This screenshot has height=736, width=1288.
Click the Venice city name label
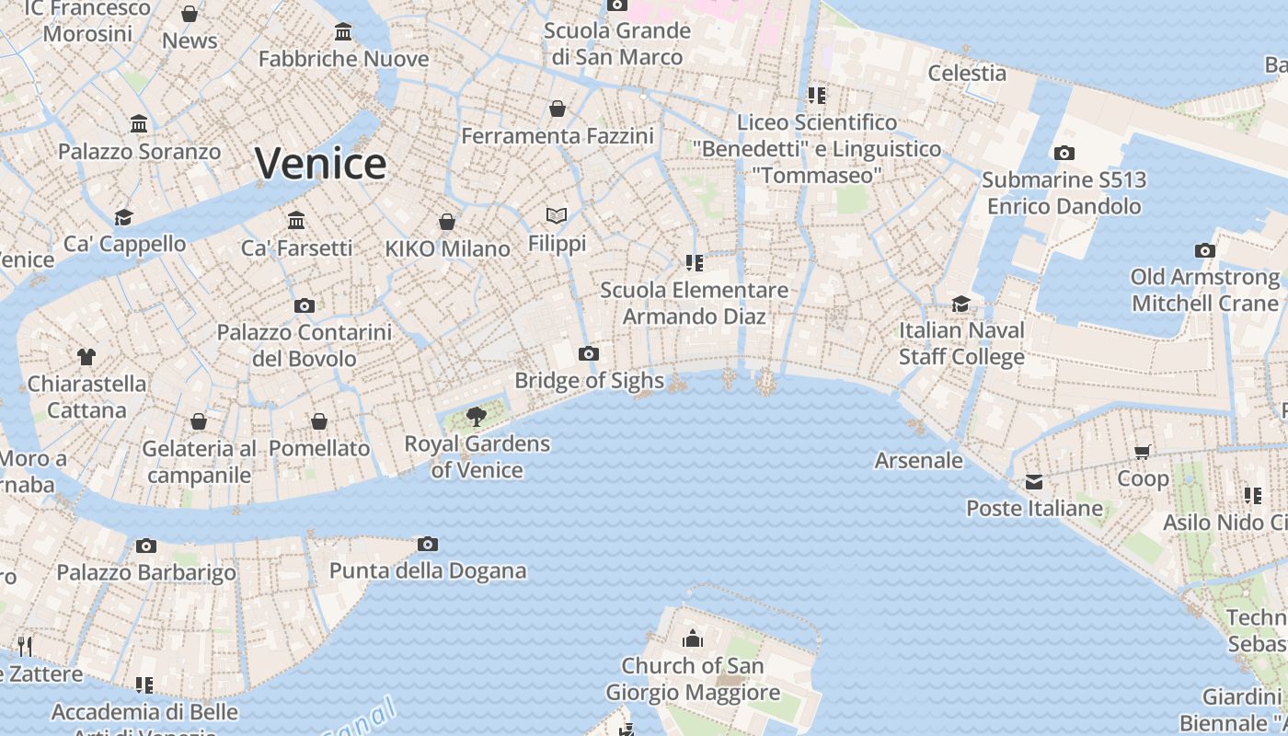(x=320, y=164)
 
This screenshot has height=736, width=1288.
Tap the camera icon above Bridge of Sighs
(x=589, y=353)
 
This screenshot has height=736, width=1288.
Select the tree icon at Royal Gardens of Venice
(x=477, y=417)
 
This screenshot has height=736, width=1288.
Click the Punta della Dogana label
(x=428, y=570)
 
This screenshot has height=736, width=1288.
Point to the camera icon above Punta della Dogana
(x=428, y=545)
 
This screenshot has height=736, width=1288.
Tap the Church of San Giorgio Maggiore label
(x=692, y=679)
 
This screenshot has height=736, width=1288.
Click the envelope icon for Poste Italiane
(x=1034, y=482)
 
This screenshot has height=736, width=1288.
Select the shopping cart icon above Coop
(x=1143, y=452)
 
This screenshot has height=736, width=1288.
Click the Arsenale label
(x=918, y=460)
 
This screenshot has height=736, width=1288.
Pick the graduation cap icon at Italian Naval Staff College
(x=961, y=304)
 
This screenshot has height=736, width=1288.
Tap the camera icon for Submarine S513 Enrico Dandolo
(x=1064, y=154)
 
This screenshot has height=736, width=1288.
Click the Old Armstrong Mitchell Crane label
(x=1205, y=290)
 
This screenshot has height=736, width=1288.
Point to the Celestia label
(x=967, y=73)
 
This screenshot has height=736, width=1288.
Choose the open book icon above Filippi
(x=557, y=216)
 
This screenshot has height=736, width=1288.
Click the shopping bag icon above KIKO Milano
(x=447, y=222)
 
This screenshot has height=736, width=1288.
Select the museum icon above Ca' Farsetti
(x=296, y=221)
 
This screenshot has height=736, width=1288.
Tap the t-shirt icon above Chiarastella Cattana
(x=86, y=357)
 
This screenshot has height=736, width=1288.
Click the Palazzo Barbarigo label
(x=146, y=572)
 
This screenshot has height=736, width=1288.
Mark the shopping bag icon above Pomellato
(x=319, y=421)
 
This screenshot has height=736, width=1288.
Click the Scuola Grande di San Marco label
(x=616, y=43)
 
